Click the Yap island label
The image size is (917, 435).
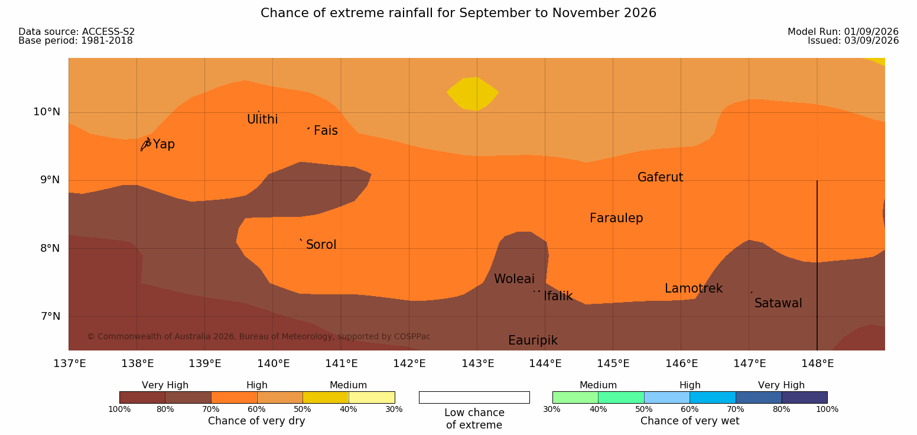point(164,144)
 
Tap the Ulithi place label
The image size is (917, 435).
point(262,119)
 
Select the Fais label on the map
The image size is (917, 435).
point(326,130)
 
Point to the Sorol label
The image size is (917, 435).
point(321,245)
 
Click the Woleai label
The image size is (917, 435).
point(514,279)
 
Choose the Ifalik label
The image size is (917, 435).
point(558,296)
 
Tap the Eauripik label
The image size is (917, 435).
point(533,340)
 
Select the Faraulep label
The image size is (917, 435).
point(616,218)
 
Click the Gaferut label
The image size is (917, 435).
point(661,177)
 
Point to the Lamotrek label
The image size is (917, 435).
point(694,288)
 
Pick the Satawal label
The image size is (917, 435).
point(778,303)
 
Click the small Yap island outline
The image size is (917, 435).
point(146,144)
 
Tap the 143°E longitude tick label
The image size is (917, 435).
point(478,363)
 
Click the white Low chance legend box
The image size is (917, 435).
point(474,397)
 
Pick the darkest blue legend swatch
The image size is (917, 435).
point(804,397)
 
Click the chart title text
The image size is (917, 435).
point(458,13)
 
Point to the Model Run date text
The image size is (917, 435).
point(843,31)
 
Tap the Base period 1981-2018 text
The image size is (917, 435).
point(76,41)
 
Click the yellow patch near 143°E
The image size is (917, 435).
point(473,94)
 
